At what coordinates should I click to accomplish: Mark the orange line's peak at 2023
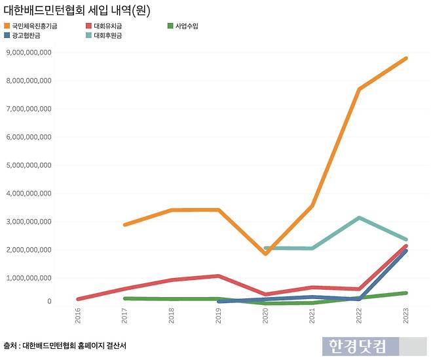[x=406, y=58]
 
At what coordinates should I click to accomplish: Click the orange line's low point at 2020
[x=265, y=253]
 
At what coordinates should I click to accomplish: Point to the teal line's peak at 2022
[x=359, y=218]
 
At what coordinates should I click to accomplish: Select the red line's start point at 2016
[x=79, y=299]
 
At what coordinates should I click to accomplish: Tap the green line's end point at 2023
[x=406, y=293]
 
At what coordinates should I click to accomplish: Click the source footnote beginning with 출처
[x=66, y=345]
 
